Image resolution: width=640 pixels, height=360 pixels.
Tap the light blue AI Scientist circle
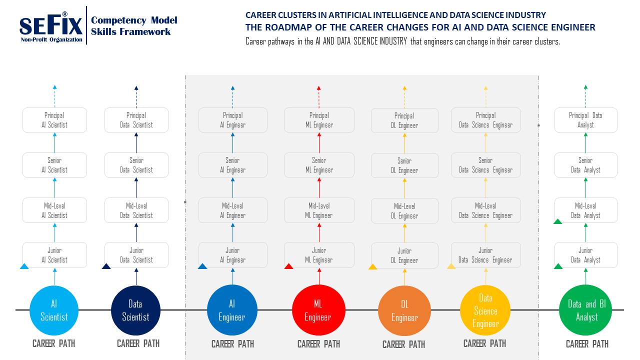tap(54, 310)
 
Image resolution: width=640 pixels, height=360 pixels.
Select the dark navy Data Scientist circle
tap(135, 310)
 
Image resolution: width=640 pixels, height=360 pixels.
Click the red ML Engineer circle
tap(318, 310)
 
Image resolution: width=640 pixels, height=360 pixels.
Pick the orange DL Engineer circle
tap(404, 310)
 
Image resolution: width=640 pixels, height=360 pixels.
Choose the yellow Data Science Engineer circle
tap(485, 310)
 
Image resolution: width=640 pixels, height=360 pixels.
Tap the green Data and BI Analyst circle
tap(586, 310)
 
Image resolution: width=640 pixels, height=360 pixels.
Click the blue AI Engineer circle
tap(232, 310)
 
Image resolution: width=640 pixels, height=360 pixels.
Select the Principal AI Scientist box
tap(54, 120)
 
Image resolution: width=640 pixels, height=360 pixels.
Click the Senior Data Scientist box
tap(136, 165)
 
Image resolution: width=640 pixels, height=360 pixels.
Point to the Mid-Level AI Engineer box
tap(233, 210)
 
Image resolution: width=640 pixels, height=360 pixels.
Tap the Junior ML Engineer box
tap(319, 255)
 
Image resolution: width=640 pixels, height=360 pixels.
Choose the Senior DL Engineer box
tap(404, 165)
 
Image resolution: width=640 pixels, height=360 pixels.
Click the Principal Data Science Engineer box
tap(485, 120)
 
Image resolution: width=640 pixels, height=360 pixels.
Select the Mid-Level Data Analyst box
tap(585, 210)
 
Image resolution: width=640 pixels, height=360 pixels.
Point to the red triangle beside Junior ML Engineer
tap(288, 266)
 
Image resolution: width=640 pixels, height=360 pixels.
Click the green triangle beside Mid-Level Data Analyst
tap(558, 221)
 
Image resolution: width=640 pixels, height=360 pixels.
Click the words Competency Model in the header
tap(134, 20)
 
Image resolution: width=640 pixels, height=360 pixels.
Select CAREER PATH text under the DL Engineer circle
tap(403, 344)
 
